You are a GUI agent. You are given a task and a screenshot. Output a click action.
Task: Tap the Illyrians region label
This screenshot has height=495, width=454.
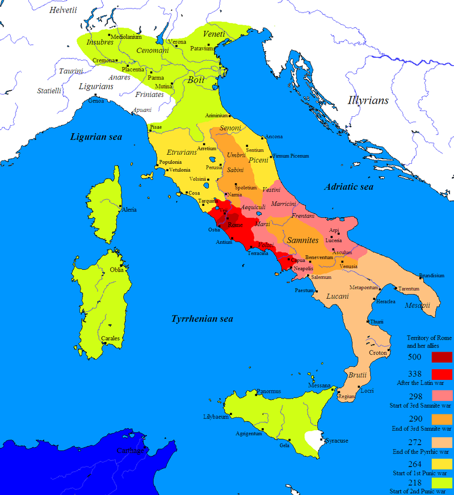tap(368, 100)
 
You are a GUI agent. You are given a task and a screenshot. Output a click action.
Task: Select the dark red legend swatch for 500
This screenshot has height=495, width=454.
tap(442, 357)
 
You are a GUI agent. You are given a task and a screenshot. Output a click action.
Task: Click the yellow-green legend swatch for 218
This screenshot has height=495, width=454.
tap(442, 483)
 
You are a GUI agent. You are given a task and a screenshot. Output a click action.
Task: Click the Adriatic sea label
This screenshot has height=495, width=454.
tap(348, 187)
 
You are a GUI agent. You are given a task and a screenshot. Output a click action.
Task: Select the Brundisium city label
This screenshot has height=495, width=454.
tap(431, 276)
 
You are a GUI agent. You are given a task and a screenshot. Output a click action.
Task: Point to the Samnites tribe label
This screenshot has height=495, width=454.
tap(302, 240)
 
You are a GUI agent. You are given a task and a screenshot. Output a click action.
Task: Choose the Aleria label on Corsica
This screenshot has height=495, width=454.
tap(129, 210)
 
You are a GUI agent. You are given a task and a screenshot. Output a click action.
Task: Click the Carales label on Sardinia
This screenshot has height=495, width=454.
tap(110, 339)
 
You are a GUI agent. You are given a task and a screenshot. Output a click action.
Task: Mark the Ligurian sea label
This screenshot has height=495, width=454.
tap(97, 137)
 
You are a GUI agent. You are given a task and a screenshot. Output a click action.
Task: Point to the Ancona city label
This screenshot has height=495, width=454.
tap(274, 137)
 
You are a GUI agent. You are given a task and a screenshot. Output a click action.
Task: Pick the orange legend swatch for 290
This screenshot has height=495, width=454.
tap(442, 420)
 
